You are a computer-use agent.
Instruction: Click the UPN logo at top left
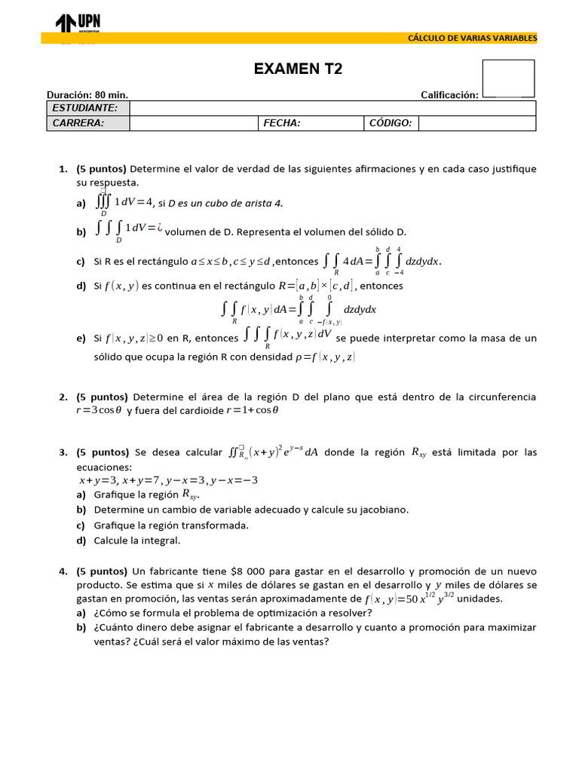78,24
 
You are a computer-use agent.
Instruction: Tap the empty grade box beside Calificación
507,78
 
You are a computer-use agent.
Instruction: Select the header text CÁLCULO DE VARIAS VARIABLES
472,38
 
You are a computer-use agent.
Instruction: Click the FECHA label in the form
281,123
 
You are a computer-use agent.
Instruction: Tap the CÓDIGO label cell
390,123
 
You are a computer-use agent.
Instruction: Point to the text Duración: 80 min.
87,95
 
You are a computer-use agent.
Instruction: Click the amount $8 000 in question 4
241,571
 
